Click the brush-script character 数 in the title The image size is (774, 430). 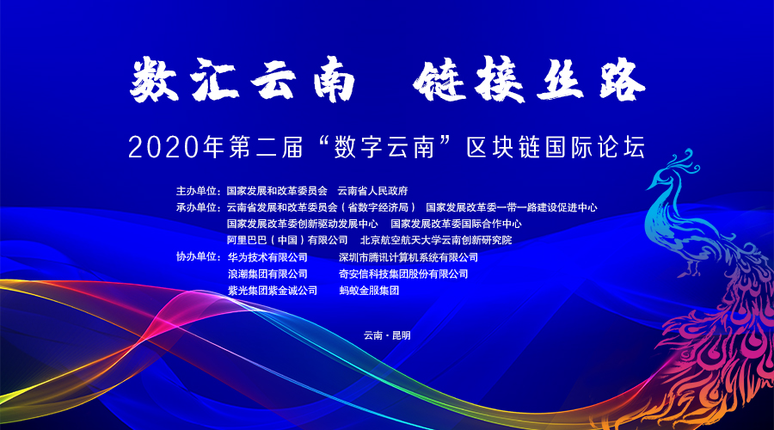(154, 79)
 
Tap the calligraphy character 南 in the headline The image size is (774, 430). (335, 79)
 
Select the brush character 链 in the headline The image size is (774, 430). (439, 79)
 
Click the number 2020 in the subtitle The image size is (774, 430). (163, 147)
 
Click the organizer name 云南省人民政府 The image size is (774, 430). (372, 191)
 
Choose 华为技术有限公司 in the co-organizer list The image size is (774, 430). (267, 257)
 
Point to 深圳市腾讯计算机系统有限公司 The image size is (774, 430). (408, 257)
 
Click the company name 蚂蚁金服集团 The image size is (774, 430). (369, 291)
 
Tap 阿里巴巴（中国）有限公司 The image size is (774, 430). (287, 241)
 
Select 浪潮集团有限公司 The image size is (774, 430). (267, 273)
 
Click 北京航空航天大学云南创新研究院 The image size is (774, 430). (436, 241)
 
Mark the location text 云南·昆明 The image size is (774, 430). (387, 335)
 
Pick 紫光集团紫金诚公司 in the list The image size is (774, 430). (273, 291)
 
